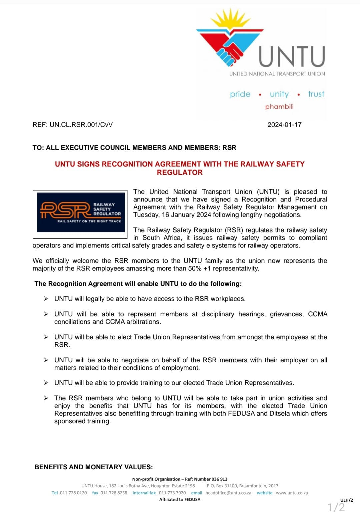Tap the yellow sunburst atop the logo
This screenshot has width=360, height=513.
[230, 20]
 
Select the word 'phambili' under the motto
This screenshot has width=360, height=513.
[279, 107]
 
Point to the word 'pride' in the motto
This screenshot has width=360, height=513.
[240, 94]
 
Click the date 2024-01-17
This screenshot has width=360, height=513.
[284, 125]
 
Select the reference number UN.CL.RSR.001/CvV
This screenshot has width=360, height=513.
[81, 125]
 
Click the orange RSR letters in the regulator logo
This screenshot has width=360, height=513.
[65, 210]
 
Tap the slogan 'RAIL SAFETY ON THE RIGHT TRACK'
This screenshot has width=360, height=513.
[89, 221]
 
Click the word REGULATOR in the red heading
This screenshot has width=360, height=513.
[180, 173]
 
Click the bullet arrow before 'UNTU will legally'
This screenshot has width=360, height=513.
[46, 299]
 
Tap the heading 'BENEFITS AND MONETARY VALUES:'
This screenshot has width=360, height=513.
[94, 467]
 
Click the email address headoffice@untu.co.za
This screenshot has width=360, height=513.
[228, 493]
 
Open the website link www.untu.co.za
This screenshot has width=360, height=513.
[292, 493]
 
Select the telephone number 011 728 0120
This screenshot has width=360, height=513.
[73, 493]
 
